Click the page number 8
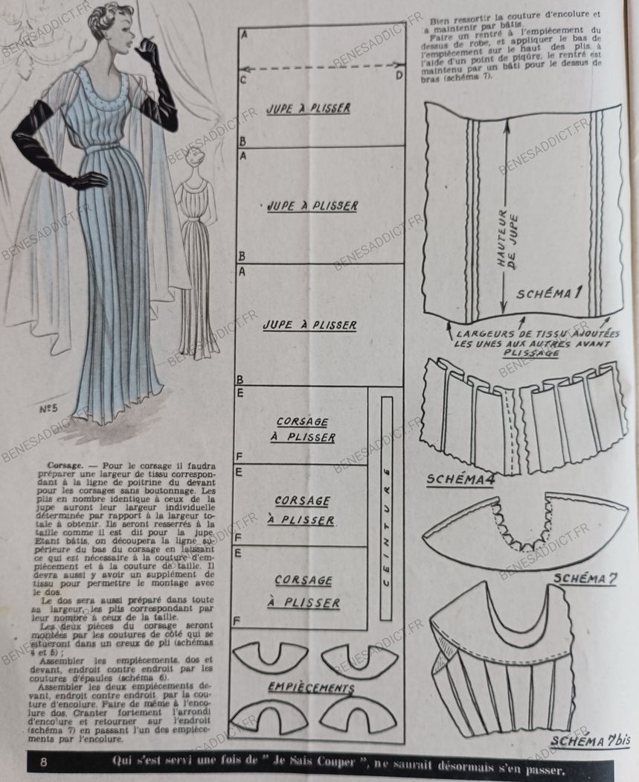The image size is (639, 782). tap(44, 762)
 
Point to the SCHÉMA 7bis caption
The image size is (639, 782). tap(591, 740)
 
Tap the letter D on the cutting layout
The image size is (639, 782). tap(399, 75)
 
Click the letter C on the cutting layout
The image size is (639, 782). tap(243, 80)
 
